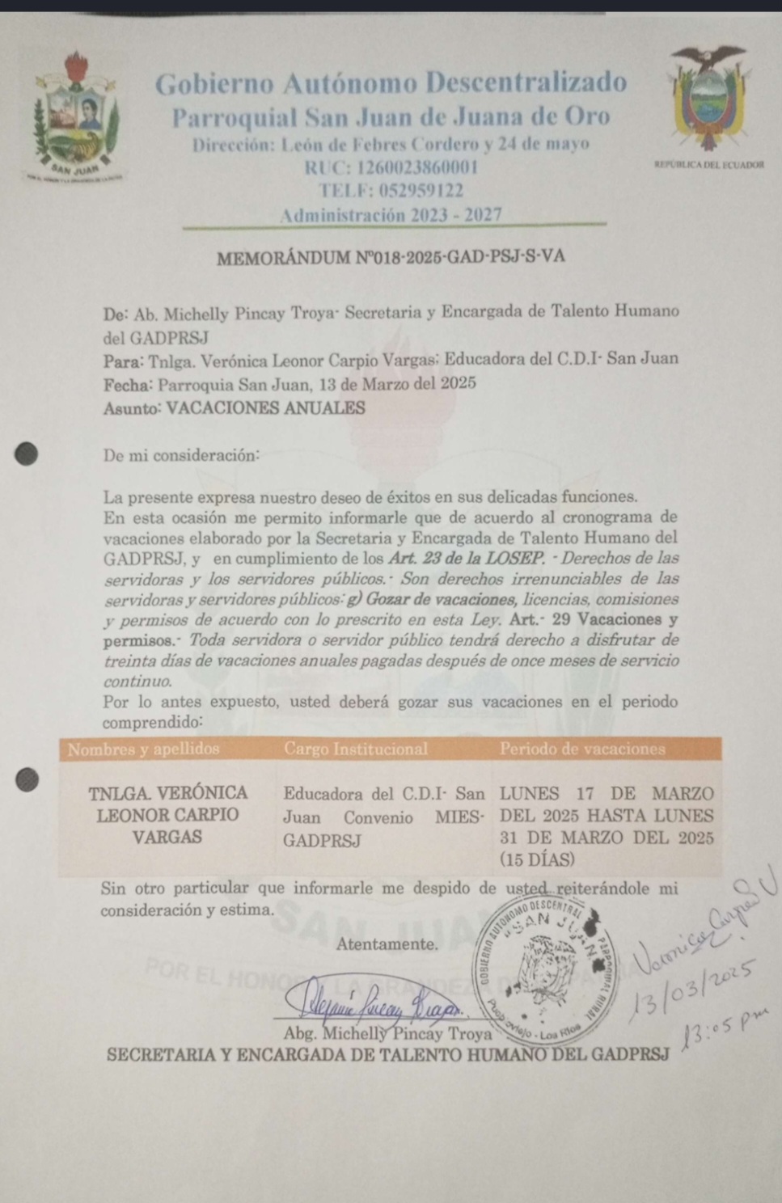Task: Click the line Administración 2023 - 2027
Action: coord(391,215)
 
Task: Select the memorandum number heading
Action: coord(391,257)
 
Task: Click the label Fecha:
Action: coord(129,384)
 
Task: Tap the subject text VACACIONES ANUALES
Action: coord(265,407)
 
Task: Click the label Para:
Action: coord(124,360)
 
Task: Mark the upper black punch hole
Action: coord(27,454)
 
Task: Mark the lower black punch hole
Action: coord(27,779)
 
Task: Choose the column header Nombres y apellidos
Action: coord(144,749)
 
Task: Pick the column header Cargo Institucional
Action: coord(356,749)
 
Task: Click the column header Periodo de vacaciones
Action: coord(582,749)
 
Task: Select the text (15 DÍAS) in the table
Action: coord(537,859)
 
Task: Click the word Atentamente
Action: coord(387,943)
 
